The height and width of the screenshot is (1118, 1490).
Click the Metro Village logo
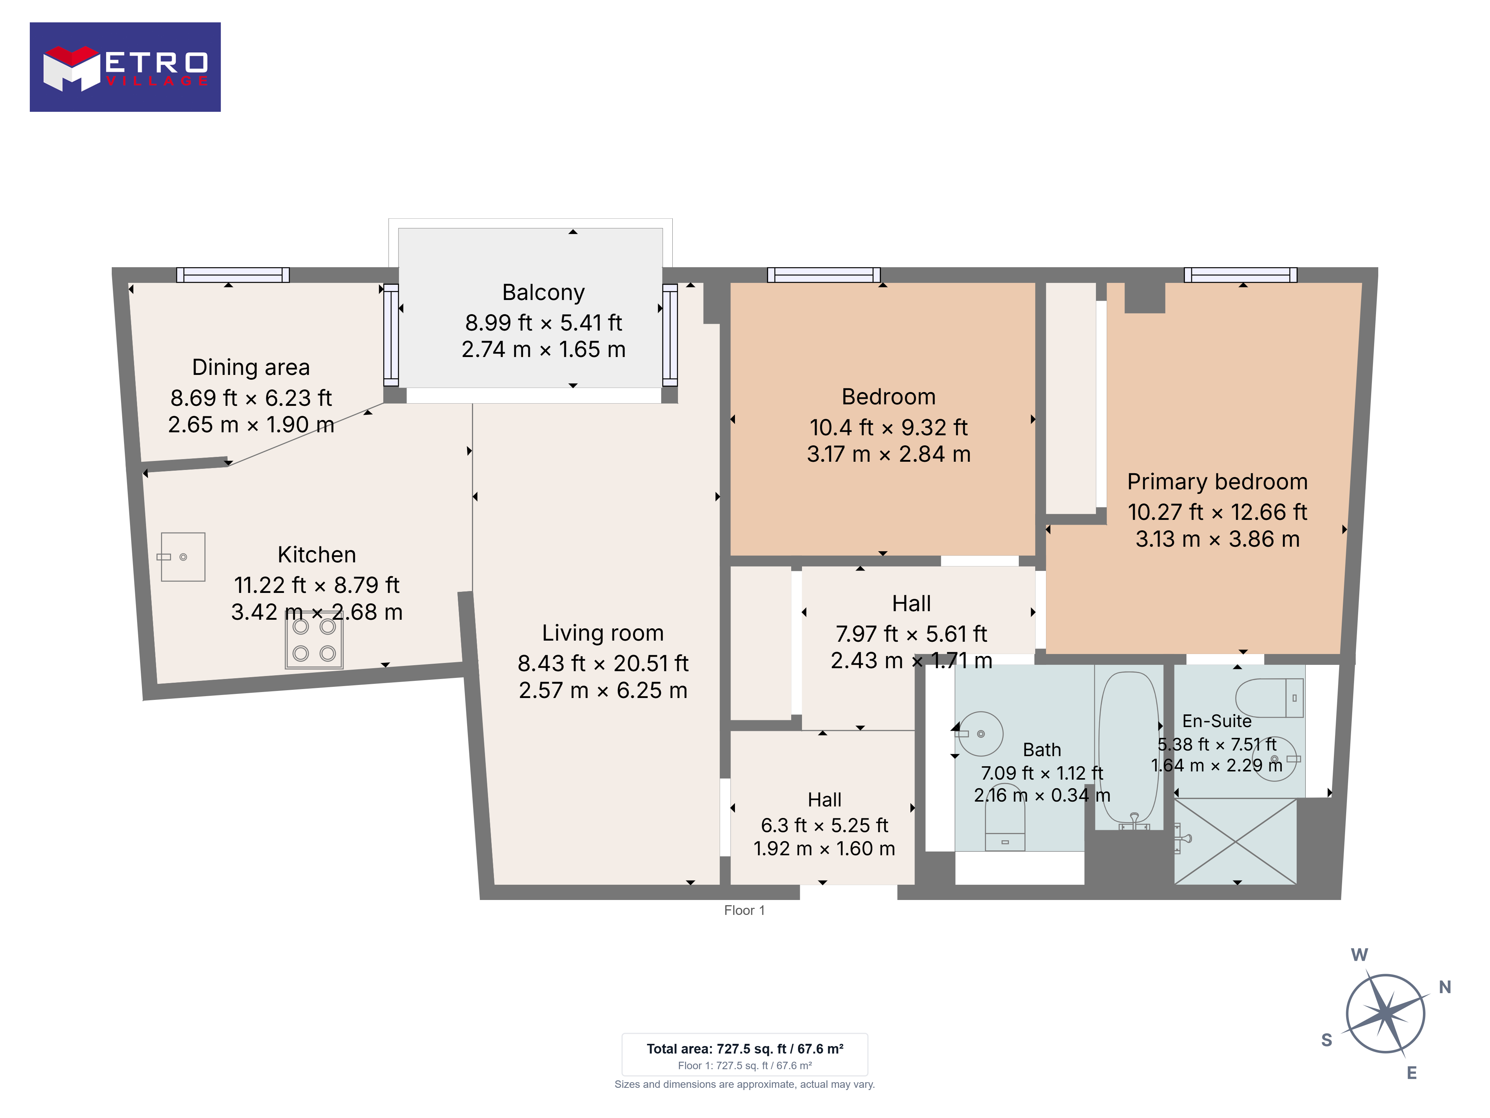pos(125,67)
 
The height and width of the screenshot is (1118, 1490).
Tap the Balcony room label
pos(543,293)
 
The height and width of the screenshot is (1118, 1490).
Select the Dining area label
pos(251,367)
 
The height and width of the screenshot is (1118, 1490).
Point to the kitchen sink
pos(183,557)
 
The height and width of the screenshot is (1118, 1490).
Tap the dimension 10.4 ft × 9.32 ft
pos(888,427)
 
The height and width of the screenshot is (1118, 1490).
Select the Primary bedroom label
pos(1218,482)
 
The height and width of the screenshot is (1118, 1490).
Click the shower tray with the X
pos(1235,841)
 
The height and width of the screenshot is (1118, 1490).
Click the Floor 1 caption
pos(744,910)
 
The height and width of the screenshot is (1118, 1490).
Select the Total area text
pos(745,1049)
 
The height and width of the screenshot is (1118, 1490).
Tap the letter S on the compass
pos(1327,1040)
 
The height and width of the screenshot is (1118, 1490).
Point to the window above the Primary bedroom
pos(1241,274)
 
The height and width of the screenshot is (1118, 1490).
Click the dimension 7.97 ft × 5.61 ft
pos(912,634)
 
